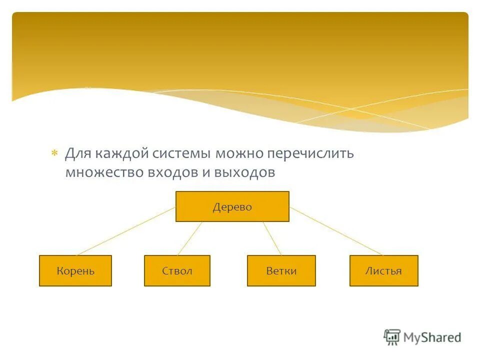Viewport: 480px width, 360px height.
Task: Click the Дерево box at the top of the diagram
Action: [x=232, y=206]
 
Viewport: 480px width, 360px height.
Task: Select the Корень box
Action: [x=75, y=271]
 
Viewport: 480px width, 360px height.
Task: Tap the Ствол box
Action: [x=177, y=271]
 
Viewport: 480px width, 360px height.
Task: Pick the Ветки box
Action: [x=281, y=271]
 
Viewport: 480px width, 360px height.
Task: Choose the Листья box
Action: [x=383, y=271]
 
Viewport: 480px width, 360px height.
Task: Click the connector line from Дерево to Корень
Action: [x=126, y=231]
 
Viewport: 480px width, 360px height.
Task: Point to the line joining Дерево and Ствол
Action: [x=190, y=238]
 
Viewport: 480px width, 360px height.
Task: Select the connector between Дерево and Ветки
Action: [x=272, y=238]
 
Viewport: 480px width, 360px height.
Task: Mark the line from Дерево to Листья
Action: [x=336, y=231]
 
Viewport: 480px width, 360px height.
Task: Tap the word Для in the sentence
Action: [x=76, y=153]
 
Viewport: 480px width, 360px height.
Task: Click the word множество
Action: [x=103, y=172]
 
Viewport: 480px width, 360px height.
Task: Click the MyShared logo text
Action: [x=432, y=337]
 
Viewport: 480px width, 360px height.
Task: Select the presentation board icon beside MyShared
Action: [x=392, y=337]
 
